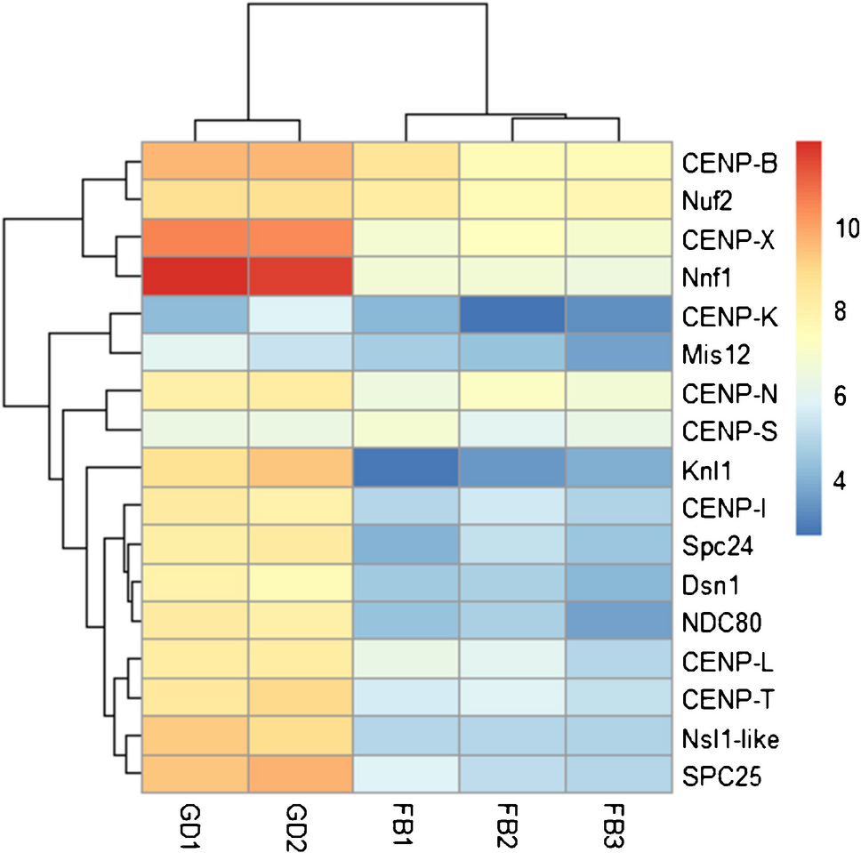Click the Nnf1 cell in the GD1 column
(195, 277)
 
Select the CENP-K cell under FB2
(512, 316)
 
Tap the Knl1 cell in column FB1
(406, 468)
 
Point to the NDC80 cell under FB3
(618, 621)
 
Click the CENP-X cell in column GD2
(301, 238)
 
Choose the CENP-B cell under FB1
(406, 162)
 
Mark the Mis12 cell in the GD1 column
(195, 353)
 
